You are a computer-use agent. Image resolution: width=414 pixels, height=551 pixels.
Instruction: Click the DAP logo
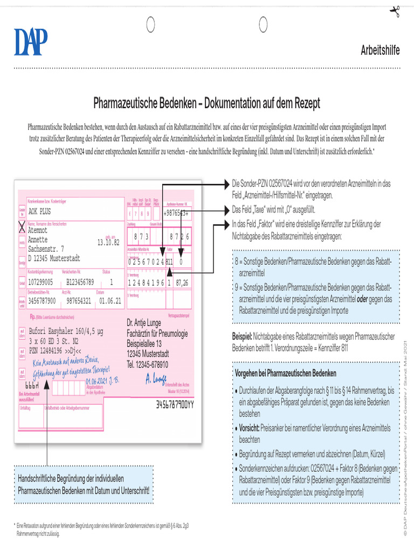coord(31,42)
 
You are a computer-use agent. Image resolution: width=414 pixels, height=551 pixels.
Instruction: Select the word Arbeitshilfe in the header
coord(380,51)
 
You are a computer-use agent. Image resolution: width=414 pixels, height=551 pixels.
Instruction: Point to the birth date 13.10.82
coord(108,242)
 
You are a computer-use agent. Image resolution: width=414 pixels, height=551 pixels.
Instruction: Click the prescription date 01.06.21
coord(111,300)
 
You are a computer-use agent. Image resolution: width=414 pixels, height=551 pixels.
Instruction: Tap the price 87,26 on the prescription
coord(182,282)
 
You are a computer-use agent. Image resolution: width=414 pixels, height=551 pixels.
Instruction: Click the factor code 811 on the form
coord(169,262)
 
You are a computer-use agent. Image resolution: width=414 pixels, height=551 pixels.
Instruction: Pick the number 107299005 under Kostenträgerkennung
coord(40,282)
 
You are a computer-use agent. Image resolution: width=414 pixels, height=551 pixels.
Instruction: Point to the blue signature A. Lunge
coord(156,379)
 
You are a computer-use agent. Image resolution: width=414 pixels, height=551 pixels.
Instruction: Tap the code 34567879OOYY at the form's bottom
coord(175,404)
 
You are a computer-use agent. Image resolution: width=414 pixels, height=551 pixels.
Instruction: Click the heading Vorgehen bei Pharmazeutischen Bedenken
coord(286,373)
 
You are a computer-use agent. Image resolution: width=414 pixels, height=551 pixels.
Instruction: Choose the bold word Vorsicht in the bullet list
coord(250,428)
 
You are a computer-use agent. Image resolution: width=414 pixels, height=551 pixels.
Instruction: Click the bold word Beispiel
coord(242,336)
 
